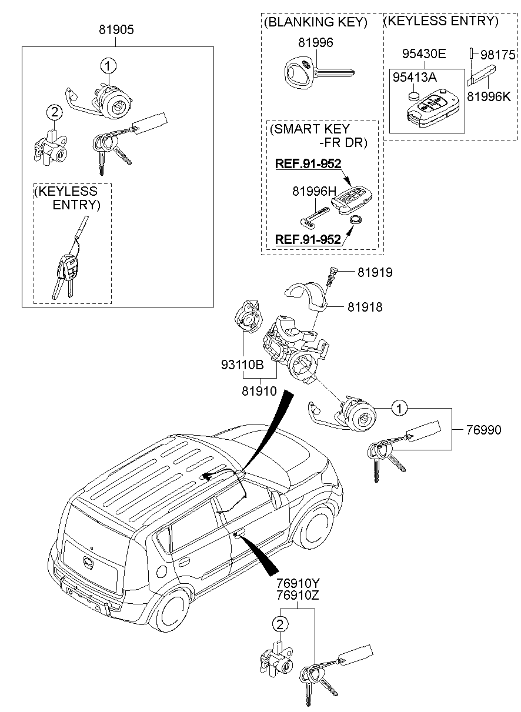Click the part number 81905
tap(116, 29)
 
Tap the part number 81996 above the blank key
tap(316, 42)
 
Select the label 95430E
tap(424, 54)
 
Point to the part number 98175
tap(497, 55)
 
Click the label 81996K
tap(489, 96)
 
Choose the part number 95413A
tap(415, 77)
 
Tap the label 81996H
tap(314, 191)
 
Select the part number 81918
tap(365, 307)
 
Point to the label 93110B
tap(242, 365)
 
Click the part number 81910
tap(259, 391)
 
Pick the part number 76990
tap(484, 430)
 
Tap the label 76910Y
tap(298, 584)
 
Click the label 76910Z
tap(298, 595)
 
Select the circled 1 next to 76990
tap(400, 408)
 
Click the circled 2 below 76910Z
tap(280, 624)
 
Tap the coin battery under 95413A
tap(414, 96)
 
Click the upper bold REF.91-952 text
tap(308, 163)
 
